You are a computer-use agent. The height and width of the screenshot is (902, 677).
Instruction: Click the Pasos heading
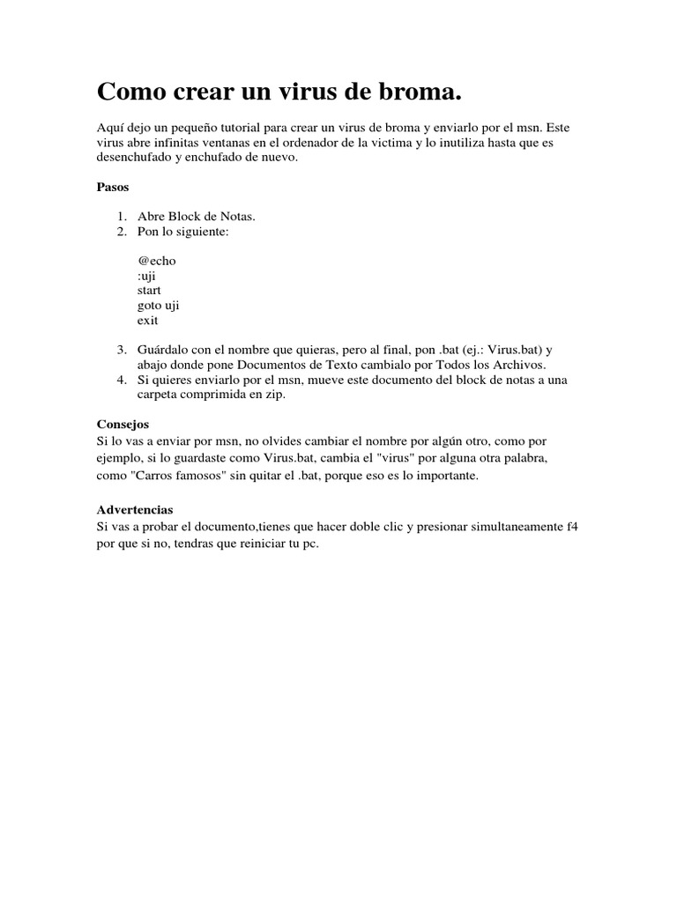click(x=112, y=187)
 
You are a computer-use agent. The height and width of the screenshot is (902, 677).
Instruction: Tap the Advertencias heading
click(x=134, y=510)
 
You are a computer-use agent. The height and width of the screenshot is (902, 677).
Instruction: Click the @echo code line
click(x=156, y=261)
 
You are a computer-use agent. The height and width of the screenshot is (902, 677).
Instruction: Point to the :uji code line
click(x=146, y=276)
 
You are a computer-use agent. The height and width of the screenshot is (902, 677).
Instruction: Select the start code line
click(x=149, y=291)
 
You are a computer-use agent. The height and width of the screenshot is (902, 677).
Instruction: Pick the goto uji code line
click(x=159, y=306)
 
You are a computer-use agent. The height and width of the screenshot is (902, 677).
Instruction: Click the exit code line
click(x=147, y=321)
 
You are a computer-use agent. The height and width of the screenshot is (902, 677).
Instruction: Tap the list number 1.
click(x=121, y=217)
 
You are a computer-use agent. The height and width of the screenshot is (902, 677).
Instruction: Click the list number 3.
click(x=121, y=351)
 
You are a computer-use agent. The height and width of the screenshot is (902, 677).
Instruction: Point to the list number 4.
click(x=121, y=381)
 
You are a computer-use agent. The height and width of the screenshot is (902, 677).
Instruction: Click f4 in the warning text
click(x=571, y=528)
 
